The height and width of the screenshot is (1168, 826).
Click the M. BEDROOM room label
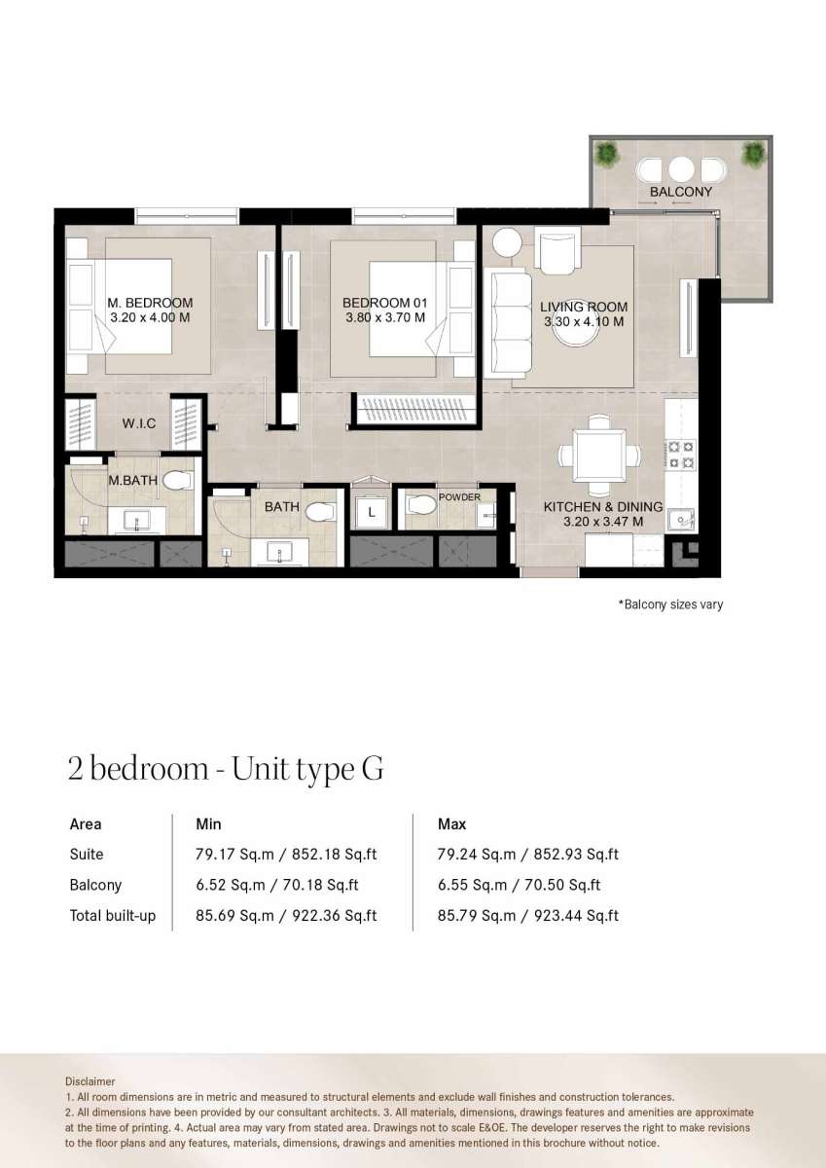150,303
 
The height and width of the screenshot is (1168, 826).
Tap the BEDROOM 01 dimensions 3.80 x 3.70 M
385,317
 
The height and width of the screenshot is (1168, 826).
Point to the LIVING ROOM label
584,308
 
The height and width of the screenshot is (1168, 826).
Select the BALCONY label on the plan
681,192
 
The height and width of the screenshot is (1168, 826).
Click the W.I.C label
139,423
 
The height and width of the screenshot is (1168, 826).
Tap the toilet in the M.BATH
177,481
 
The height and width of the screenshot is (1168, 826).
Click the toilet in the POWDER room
420,505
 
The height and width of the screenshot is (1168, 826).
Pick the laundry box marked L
371,512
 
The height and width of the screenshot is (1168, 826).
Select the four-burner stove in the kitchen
681,455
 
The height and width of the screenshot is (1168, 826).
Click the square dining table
599,456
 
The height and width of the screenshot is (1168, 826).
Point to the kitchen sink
681,520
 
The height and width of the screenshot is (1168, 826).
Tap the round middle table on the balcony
681,169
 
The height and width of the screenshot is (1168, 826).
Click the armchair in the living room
560,251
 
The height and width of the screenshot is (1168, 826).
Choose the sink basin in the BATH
280,551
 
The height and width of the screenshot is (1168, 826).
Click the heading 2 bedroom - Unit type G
226,770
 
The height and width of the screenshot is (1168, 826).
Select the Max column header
451,824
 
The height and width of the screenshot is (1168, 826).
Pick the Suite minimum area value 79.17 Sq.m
234,855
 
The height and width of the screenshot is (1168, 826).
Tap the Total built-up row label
113,916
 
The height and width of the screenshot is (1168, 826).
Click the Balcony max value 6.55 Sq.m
472,885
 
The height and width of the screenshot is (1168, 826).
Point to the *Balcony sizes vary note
670,604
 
